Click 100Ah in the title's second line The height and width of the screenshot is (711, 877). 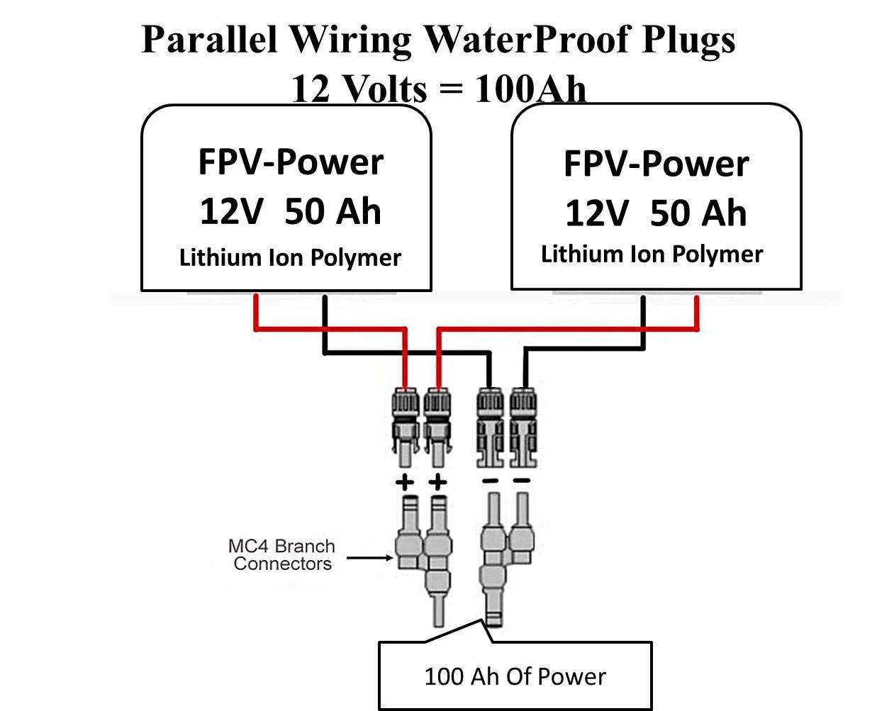click(530, 89)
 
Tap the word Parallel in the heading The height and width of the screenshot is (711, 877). click(208, 39)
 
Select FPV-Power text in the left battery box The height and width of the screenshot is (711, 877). click(291, 162)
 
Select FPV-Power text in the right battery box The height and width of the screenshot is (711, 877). click(656, 164)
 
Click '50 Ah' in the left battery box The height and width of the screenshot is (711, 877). click(333, 211)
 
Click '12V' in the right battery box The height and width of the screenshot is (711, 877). click(596, 213)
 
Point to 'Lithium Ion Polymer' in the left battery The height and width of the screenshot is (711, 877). click(290, 257)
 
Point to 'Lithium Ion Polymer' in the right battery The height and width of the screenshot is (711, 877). click(652, 254)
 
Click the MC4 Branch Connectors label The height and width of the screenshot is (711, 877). click(281, 555)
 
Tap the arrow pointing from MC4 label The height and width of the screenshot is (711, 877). click(369, 558)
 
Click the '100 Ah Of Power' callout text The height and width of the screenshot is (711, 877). click(515, 676)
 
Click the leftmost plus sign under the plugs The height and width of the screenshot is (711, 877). click(404, 483)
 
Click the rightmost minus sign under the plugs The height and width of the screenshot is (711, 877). click(522, 481)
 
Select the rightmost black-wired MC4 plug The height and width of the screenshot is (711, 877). click(523, 425)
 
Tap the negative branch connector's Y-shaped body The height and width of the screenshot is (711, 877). click(494, 560)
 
